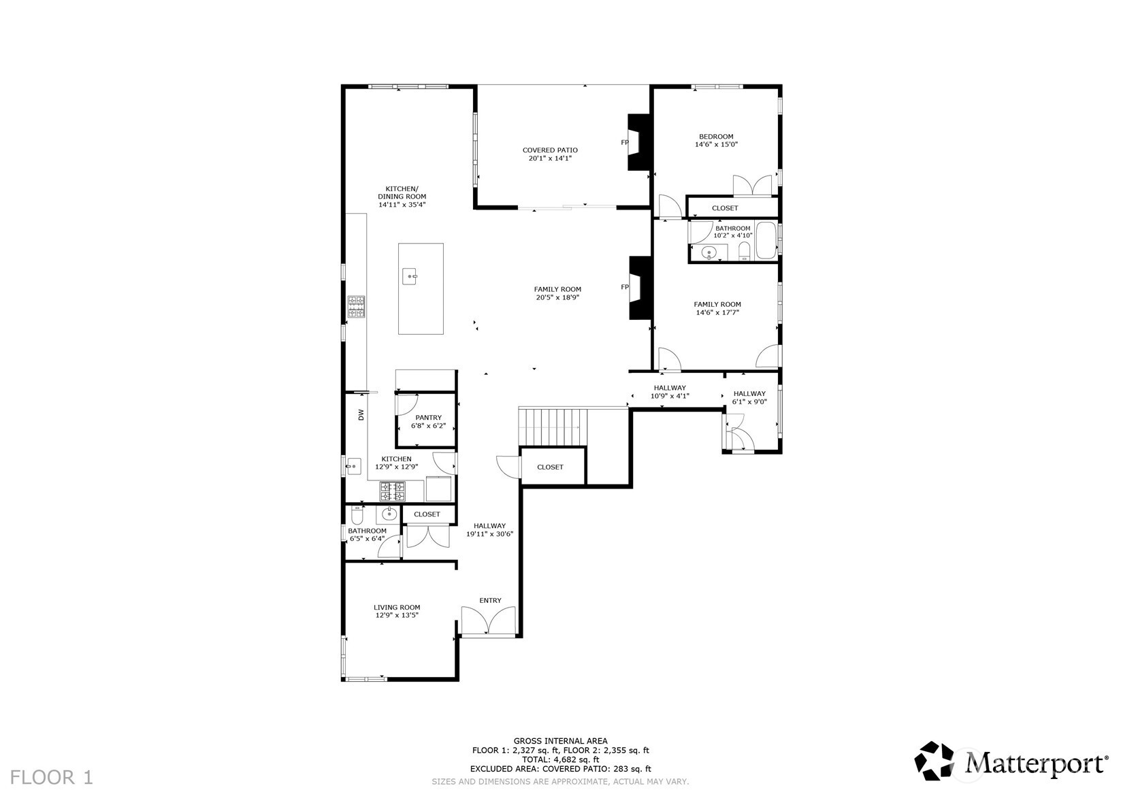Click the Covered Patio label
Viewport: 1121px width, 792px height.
550,154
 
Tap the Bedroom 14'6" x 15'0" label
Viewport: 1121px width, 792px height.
716,140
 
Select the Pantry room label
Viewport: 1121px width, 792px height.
428,421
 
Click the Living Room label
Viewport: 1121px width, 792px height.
397,611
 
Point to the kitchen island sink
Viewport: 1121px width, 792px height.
410,276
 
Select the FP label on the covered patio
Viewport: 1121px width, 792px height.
624,142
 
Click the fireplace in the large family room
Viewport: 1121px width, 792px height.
640,287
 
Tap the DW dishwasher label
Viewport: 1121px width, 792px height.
361,414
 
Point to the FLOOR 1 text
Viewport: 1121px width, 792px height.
52,777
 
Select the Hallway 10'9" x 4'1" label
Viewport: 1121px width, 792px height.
670,392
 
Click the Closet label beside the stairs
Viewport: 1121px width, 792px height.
550,467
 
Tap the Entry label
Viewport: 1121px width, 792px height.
490,600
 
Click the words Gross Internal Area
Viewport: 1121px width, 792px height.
560,741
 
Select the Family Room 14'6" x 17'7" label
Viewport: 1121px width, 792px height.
717,308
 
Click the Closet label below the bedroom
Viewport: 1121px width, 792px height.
725,208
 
